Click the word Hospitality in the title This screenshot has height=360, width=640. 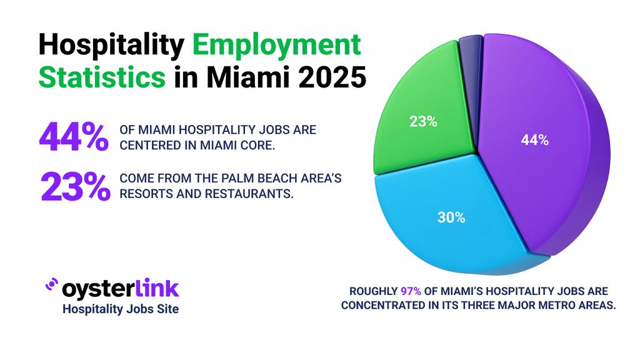point(110,47)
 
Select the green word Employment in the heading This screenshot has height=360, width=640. point(276,47)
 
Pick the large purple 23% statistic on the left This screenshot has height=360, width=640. point(73,186)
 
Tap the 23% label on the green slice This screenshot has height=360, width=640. point(423,122)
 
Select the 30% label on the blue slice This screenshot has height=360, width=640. point(451,217)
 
